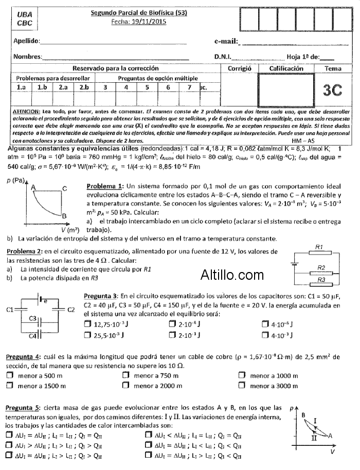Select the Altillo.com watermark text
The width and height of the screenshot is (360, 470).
(x=232, y=275)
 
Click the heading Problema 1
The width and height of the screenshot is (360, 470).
(x=105, y=186)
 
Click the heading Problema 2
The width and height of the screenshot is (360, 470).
(x=24, y=250)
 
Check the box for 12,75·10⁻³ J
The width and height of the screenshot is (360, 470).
(x=86, y=324)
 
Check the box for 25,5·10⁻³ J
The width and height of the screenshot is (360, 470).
(x=86, y=335)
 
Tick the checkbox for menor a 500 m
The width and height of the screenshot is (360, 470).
(x=9, y=376)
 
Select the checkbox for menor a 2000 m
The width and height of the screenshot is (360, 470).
(x=125, y=386)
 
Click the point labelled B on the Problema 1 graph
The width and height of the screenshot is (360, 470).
(x=64, y=215)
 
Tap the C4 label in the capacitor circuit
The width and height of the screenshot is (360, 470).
(x=32, y=336)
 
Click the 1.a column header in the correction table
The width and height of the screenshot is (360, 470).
(x=22, y=87)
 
